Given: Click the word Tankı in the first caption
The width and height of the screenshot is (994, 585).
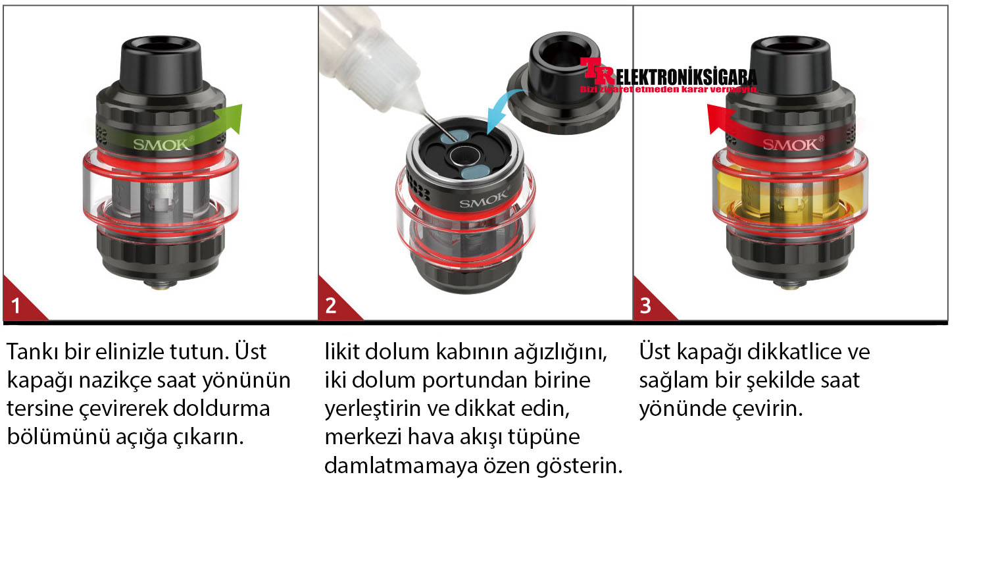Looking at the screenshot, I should click(x=32, y=351).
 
